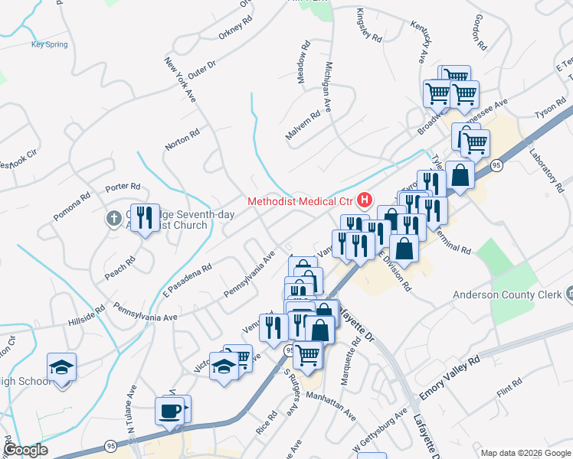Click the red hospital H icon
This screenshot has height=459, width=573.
coord(365,201)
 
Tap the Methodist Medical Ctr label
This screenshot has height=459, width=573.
coord(301,202)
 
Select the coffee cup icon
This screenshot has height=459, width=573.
coord(170,412)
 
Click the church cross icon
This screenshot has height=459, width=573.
coord(113,219)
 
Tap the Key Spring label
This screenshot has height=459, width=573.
coord(49,44)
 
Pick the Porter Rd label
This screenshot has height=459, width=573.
coord(123,187)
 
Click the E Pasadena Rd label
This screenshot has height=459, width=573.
coord(186,281)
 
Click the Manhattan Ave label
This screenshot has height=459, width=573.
coord(330,406)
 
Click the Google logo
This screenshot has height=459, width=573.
coord(25,450)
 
